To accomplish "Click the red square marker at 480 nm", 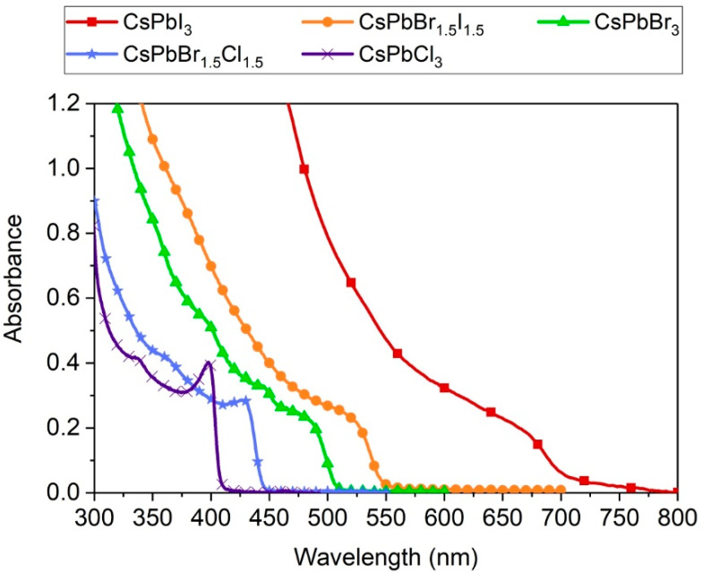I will click(304, 169).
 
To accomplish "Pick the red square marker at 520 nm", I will click(351, 283).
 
